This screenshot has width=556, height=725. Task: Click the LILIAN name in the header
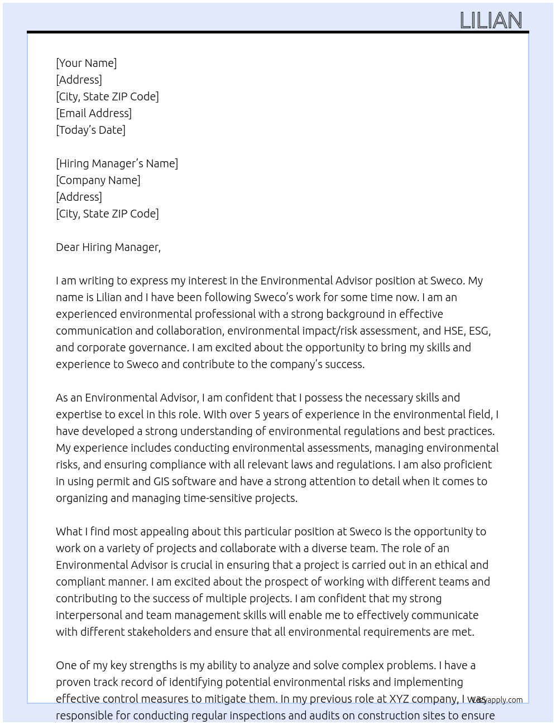[x=491, y=21]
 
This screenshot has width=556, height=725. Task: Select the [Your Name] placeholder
[x=86, y=63]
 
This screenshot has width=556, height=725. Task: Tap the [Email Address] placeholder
[x=94, y=113]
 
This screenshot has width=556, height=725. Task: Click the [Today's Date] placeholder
[x=90, y=130]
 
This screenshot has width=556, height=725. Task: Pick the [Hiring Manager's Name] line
[x=117, y=163]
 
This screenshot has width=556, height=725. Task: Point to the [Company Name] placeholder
[x=98, y=180]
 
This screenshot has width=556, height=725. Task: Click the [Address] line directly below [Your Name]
[x=79, y=80]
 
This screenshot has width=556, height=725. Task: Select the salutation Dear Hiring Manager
[x=108, y=247]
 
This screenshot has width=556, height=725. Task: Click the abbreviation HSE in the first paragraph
[x=453, y=331]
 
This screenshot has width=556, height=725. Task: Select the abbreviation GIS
[x=163, y=481]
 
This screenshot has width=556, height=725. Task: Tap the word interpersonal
[x=89, y=615]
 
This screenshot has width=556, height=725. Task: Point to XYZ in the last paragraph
[x=399, y=699]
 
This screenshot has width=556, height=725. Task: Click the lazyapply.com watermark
[x=497, y=700]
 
